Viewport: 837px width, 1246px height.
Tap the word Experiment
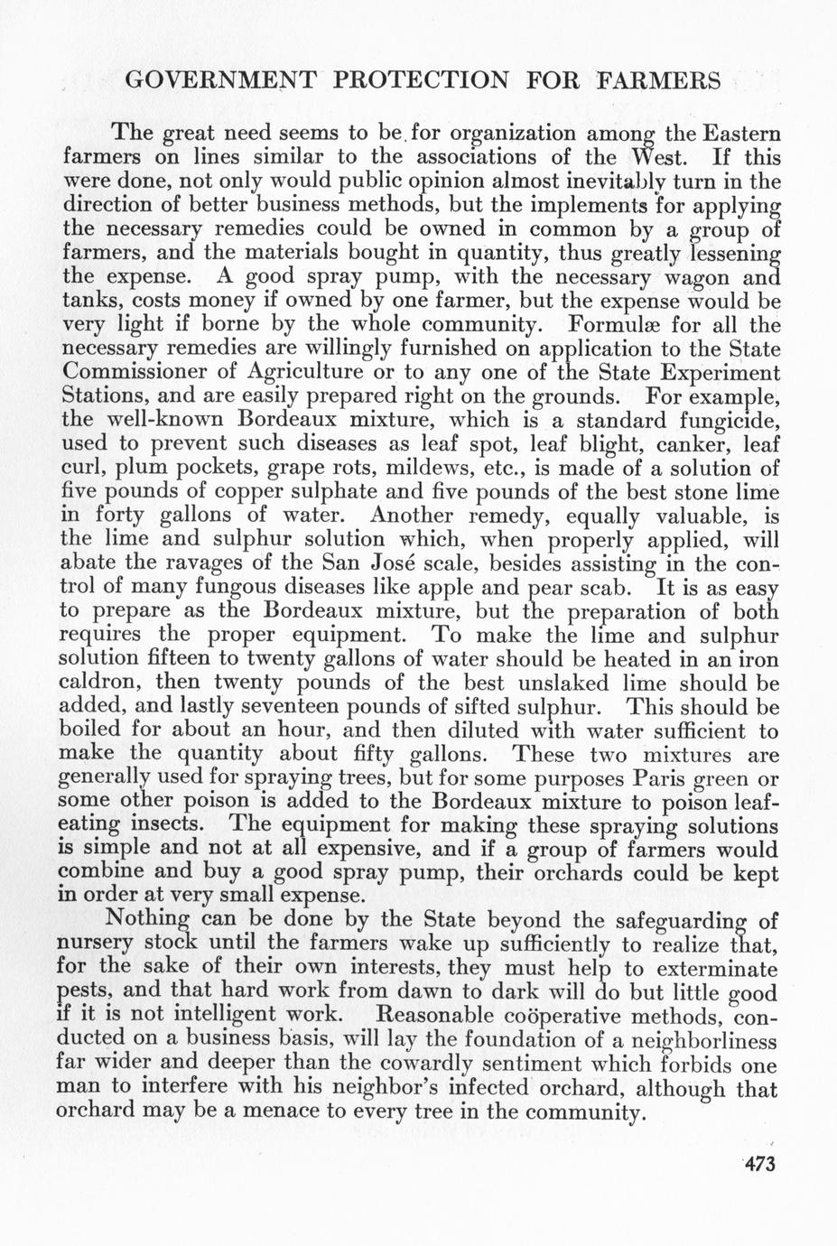[713, 372]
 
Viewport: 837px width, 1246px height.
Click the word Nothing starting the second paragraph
[152, 921]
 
